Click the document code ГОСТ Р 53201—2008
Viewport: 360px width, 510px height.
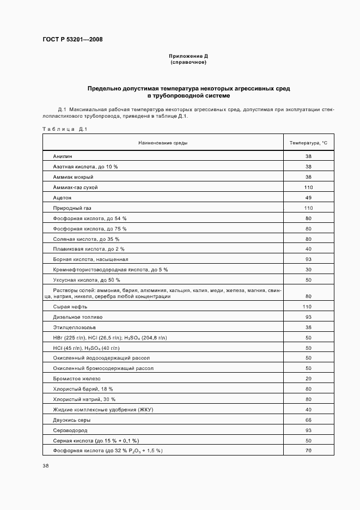tap(72, 39)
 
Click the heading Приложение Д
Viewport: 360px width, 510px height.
tap(188, 56)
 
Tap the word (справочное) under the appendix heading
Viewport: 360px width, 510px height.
tap(188, 62)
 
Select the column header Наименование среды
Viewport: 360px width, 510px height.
tap(163, 143)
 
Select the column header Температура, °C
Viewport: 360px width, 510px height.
tap(308, 143)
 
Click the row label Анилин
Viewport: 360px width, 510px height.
tap(63, 156)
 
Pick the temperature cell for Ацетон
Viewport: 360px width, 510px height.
tap(308, 197)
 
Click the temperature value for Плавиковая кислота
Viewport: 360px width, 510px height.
tap(308, 249)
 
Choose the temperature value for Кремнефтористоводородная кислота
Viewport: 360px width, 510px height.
tap(308, 270)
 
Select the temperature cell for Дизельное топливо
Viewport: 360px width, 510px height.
tap(308, 317)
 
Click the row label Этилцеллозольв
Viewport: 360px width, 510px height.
tap(74, 327)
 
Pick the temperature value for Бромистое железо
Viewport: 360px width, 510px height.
tap(308, 379)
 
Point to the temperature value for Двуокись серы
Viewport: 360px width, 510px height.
tap(308, 420)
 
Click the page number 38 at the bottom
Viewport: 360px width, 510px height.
tap(46, 466)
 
